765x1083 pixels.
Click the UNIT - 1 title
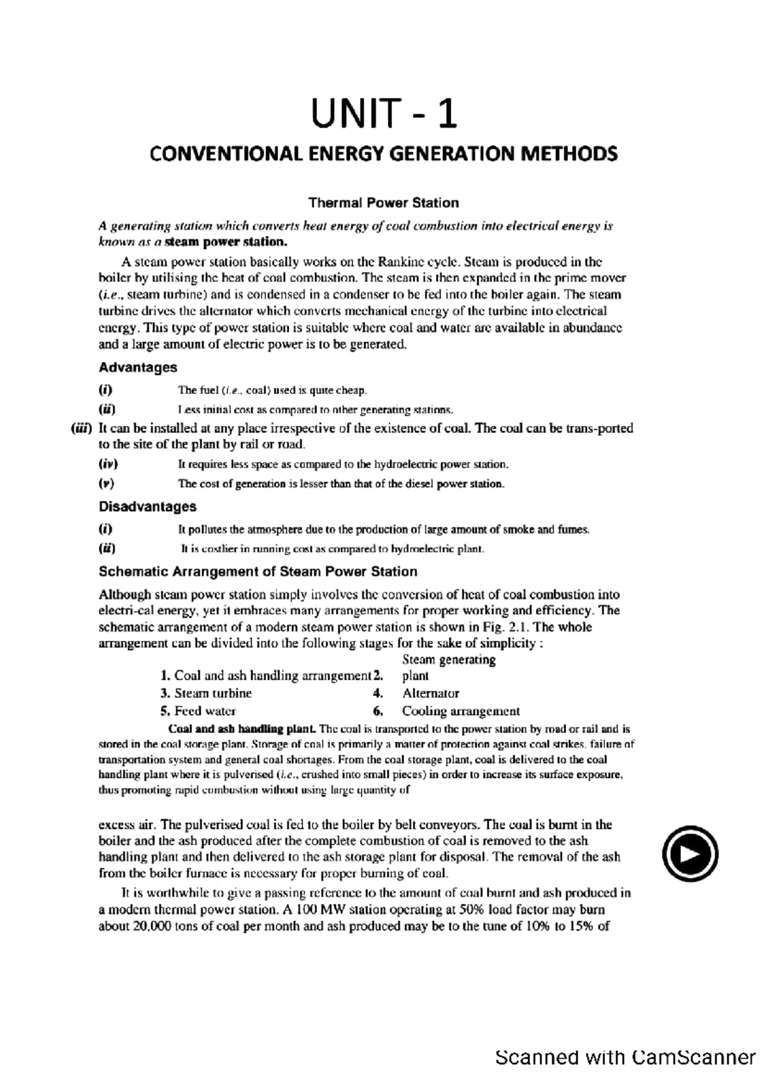[x=384, y=115]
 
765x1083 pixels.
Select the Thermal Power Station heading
[x=383, y=203]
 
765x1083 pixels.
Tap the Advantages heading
[x=138, y=367]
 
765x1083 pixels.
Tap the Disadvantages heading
[x=147, y=507]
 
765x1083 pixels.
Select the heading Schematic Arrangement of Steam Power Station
[x=258, y=571]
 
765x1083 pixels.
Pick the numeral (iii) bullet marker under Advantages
[x=82, y=429]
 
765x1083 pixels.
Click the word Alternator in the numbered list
[x=430, y=693]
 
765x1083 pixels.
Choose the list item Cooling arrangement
[x=460, y=711]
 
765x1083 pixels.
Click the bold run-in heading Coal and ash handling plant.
[x=241, y=729]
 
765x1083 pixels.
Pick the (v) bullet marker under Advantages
[x=106, y=483]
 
